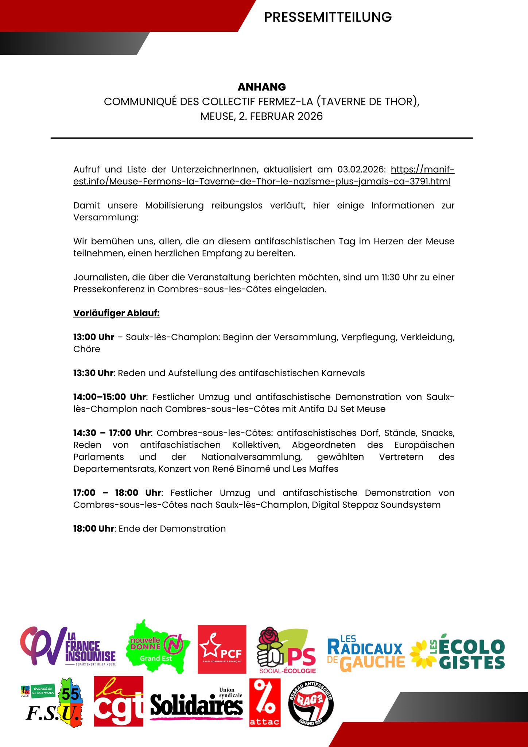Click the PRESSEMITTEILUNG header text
point(327,17)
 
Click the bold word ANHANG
point(261,87)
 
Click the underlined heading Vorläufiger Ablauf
point(116,313)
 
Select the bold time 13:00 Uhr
point(94,337)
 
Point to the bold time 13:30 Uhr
point(94,373)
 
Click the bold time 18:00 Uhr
point(94,529)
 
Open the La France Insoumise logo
point(68,646)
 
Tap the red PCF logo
point(222,649)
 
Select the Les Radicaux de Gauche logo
point(365,654)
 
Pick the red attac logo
point(265,702)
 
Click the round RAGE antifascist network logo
point(311,703)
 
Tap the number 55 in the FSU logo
point(70,694)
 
